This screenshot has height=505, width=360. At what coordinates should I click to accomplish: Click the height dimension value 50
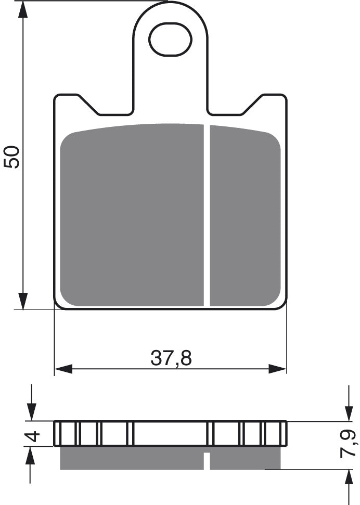(12, 157)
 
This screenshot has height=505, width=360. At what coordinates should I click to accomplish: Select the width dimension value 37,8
(171, 358)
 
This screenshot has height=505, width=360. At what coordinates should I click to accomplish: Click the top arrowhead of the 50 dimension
(23, 10)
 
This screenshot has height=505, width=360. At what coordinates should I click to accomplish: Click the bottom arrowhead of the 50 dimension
(23, 302)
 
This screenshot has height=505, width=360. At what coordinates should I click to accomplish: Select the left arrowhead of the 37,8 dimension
(63, 369)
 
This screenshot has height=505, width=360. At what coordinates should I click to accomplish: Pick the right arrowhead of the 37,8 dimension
(278, 369)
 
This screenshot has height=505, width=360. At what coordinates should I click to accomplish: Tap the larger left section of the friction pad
(132, 216)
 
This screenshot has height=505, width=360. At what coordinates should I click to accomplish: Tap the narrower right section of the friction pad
(245, 216)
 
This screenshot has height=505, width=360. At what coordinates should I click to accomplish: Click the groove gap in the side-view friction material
(207, 461)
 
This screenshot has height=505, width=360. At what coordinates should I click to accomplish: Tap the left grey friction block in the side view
(132, 458)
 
